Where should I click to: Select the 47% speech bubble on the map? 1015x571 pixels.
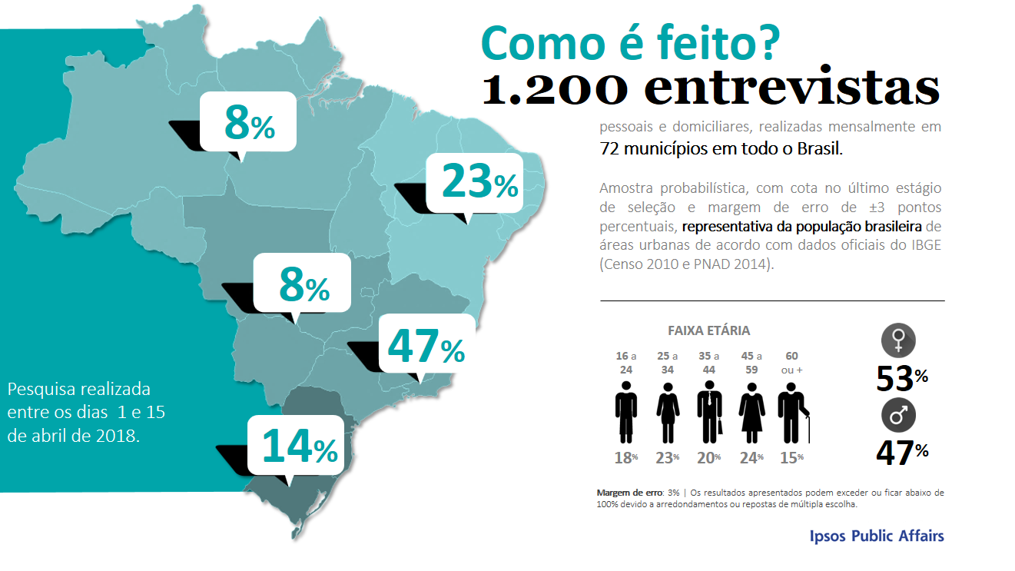pyautogui.click(x=426, y=345)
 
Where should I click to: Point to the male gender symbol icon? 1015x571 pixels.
pyautogui.click(x=898, y=417)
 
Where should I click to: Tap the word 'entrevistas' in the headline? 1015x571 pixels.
pyautogui.click(x=791, y=89)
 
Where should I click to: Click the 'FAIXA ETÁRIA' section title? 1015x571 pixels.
pyautogui.click(x=708, y=331)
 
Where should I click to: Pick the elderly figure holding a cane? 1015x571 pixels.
pyautogui.click(x=794, y=417)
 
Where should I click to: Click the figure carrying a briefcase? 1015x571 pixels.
pyautogui.click(x=709, y=417)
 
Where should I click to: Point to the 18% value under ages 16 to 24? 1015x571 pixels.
pyautogui.click(x=626, y=457)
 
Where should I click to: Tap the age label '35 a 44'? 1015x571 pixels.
pyautogui.click(x=709, y=363)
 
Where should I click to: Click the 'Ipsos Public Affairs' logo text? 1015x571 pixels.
pyautogui.click(x=877, y=536)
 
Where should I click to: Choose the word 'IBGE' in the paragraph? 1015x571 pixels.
pyautogui.click(x=922, y=245)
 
